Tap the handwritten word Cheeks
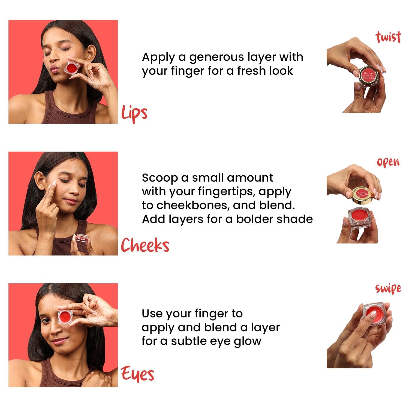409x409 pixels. [145, 245]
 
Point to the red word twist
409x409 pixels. [388, 37]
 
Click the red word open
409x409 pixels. [388, 162]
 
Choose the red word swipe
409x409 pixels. [388, 288]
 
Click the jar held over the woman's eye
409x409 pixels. [65, 316]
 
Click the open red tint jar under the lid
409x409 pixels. [359, 218]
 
